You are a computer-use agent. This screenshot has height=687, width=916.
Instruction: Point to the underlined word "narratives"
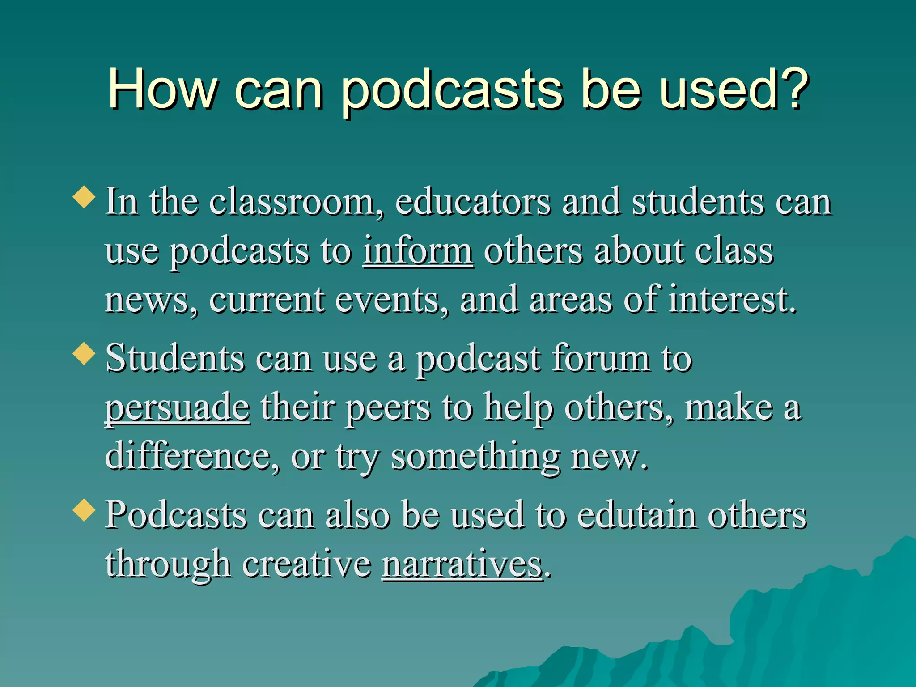click(x=462, y=564)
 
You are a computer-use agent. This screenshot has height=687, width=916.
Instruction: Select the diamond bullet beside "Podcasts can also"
click(x=84, y=510)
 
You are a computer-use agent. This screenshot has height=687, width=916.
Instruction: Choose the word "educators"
click(x=473, y=202)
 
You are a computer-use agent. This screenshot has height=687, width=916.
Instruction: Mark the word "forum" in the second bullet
click(x=601, y=359)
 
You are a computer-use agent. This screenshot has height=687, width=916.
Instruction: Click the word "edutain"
click(x=637, y=515)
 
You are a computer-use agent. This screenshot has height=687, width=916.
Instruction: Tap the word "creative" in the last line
click(x=307, y=564)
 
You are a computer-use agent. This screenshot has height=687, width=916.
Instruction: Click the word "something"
click(x=476, y=457)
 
